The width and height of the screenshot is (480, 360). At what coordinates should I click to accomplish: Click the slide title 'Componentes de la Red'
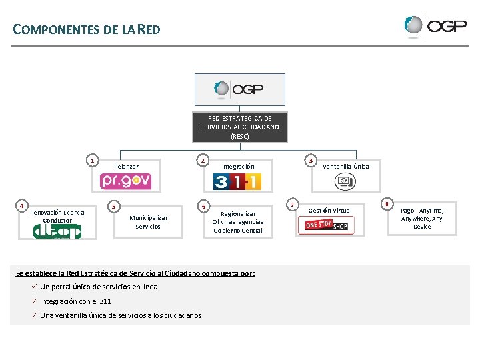coord(87,29)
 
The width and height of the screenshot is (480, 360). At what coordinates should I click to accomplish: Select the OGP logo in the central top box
coord(239,88)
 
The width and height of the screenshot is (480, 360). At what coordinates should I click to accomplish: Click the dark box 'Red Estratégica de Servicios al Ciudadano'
coord(239,127)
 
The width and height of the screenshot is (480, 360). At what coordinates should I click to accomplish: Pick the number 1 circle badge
coord(93,160)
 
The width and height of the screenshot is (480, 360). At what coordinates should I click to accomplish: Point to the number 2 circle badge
coord(203,160)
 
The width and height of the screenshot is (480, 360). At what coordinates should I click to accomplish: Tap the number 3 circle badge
coord(310,160)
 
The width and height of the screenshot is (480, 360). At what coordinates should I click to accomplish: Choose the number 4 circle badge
coord(22,206)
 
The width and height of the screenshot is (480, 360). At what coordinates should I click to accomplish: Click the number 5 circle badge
coord(115,206)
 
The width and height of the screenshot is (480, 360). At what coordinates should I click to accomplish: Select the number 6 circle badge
coord(203,206)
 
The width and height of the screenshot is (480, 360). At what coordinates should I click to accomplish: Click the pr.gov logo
coord(126,181)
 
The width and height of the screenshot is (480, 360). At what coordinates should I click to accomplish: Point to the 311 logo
coord(237,181)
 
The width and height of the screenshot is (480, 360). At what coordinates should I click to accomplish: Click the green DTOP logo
coord(57,231)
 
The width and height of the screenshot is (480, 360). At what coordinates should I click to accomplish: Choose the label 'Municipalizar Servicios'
coord(148,222)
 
